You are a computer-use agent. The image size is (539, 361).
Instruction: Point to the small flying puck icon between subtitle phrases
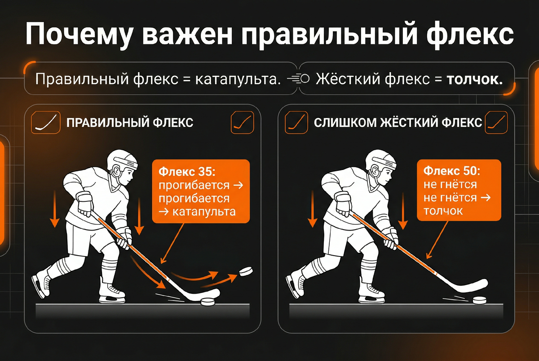coord(299,79)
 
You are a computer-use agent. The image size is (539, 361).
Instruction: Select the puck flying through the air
coord(246,271)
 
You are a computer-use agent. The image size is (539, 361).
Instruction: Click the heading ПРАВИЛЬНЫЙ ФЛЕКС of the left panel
coord(130,122)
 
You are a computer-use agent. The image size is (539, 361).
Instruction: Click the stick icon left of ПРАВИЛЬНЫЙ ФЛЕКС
coord(47,122)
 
